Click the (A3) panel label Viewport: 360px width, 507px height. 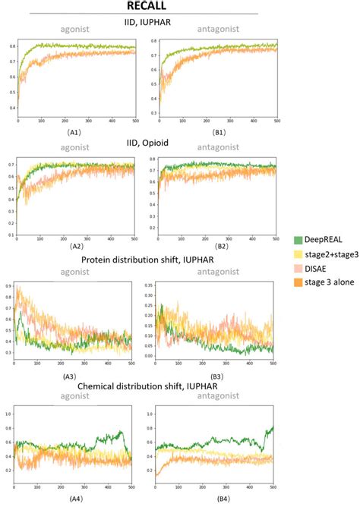tap(73, 377)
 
